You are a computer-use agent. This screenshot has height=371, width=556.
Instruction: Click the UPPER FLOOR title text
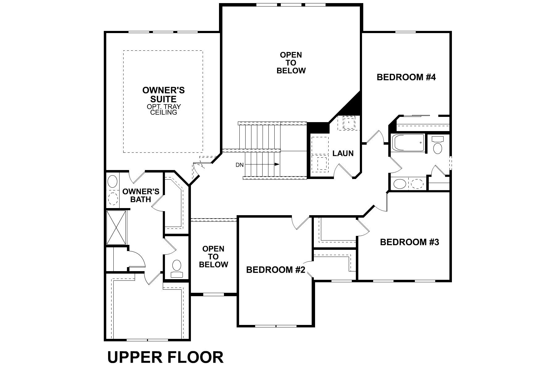click(165, 357)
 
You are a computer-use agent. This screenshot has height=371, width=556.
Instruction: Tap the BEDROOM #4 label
click(406, 77)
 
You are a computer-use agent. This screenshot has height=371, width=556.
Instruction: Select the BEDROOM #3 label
click(409, 242)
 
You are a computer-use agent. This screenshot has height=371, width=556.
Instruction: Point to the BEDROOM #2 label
click(276, 270)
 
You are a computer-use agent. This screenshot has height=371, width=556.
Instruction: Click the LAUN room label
click(343, 153)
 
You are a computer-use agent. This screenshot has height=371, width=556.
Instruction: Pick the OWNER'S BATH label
click(141, 195)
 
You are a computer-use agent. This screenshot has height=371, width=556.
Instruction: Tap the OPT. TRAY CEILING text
click(164, 109)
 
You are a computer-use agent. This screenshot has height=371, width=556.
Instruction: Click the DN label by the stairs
click(240, 165)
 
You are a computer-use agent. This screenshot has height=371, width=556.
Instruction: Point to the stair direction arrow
click(277, 164)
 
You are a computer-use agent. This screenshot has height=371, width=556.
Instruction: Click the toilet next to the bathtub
click(438, 145)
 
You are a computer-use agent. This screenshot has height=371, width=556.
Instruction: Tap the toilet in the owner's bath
click(177, 268)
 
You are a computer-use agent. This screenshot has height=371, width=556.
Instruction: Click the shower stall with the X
click(116, 228)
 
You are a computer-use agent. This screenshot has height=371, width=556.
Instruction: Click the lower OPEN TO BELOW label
click(213, 257)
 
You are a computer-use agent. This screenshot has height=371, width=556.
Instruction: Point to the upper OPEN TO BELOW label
click(291, 63)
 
